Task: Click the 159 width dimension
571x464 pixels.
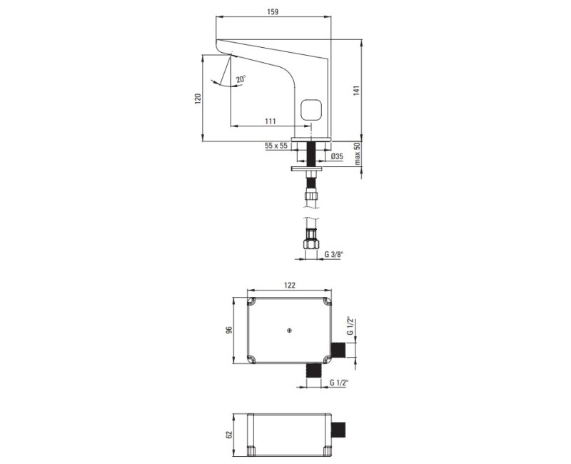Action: point(273,11)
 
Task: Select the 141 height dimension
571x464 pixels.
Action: point(356,91)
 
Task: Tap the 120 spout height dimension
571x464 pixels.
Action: point(198,99)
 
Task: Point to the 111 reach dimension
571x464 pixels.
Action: point(271,121)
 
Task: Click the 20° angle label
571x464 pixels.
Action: point(241,79)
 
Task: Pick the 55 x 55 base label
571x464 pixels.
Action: point(276,146)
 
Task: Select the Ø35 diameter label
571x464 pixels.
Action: point(337,156)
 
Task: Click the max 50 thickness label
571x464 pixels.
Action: point(358,153)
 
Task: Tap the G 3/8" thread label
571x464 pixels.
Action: point(334,254)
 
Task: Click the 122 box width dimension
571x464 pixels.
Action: point(289,285)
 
